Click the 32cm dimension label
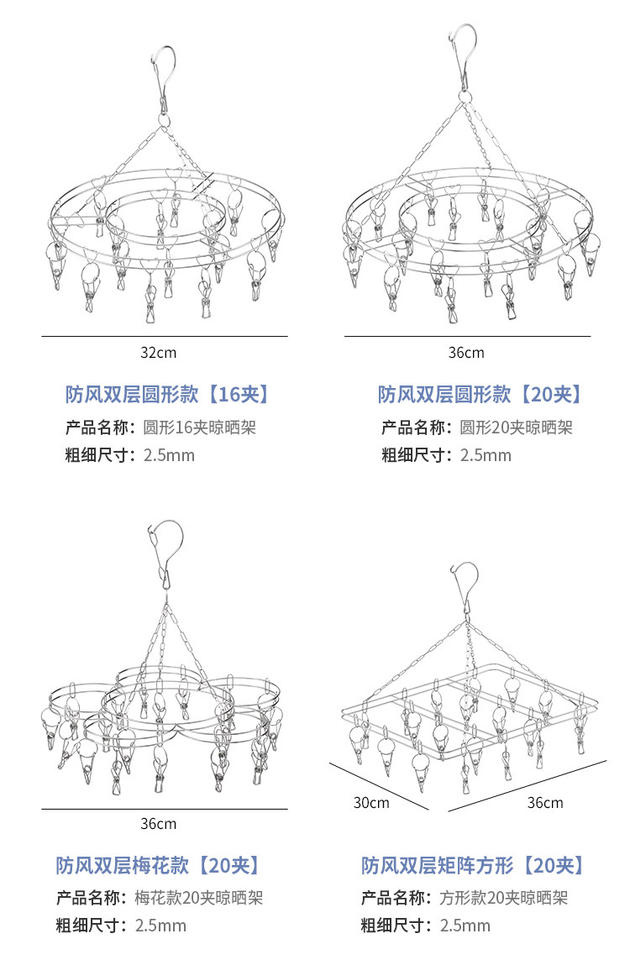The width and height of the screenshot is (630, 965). [x=158, y=353]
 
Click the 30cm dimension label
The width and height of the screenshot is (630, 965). [x=370, y=803]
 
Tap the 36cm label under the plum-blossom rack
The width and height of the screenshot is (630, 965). [x=158, y=824]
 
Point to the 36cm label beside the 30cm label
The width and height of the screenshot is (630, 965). [x=545, y=803]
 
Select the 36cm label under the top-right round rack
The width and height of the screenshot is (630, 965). [x=466, y=353]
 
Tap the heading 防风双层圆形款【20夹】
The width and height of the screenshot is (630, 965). [x=480, y=394]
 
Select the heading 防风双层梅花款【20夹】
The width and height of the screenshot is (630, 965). [x=158, y=865]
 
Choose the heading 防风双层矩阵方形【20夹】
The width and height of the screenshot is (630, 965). [x=472, y=865]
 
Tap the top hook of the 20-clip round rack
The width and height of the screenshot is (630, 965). [x=463, y=50]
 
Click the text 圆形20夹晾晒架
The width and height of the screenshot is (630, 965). [x=516, y=427]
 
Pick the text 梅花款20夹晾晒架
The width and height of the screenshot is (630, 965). [x=199, y=898]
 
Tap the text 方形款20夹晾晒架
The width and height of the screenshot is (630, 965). [x=504, y=898]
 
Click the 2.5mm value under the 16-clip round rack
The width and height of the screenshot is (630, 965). [x=169, y=456]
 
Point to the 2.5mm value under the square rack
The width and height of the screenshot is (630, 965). [x=465, y=926]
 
